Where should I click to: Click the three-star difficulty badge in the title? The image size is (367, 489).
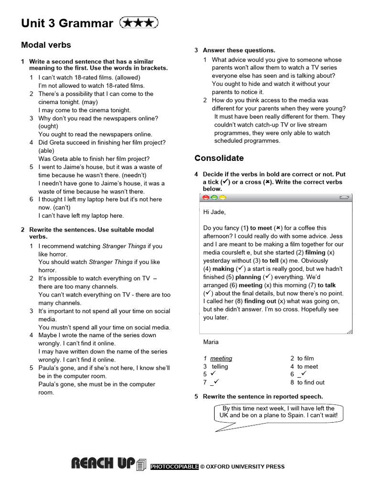point(138,22)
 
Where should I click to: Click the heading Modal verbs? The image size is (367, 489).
point(46,45)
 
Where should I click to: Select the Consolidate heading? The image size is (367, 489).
point(219,158)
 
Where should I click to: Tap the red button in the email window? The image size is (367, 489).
point(206,197)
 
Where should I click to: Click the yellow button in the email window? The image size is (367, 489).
point(222,197)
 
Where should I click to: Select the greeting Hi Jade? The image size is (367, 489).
point(215,212)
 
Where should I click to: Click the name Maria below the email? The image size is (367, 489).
point(211,342)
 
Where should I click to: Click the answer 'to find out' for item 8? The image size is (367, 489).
point(311,383)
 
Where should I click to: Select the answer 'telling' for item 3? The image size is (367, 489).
point(220,367)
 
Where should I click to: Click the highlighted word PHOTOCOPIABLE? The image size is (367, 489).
point(174,467)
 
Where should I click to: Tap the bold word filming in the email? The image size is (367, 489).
point(315,252)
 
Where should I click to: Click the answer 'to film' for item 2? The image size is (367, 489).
point(305,358)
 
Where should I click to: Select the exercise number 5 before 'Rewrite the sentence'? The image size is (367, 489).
point(196,396)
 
